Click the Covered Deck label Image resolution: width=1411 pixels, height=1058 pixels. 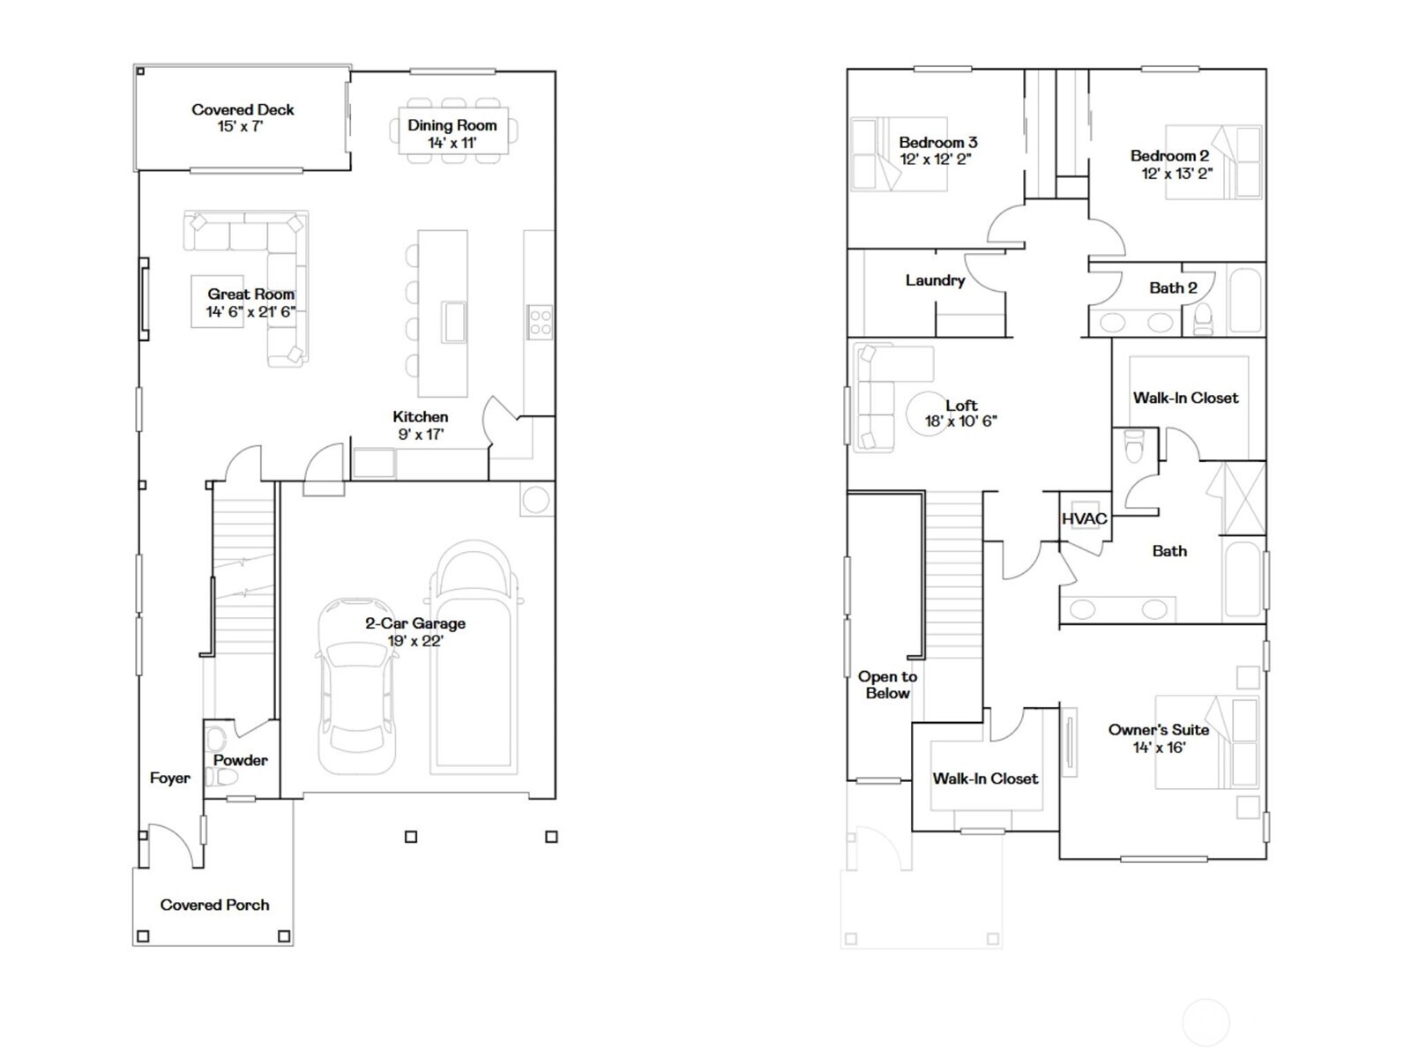(243, 110)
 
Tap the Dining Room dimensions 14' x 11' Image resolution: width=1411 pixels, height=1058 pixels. (452, 143)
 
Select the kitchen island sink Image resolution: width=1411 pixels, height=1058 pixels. (455, 321)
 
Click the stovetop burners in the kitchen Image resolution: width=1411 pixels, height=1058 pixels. (540, 323)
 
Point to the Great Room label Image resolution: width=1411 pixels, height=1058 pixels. (250, 294)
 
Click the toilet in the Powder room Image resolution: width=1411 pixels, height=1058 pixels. (223, 777)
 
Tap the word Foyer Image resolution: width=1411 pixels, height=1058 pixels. (169, 778)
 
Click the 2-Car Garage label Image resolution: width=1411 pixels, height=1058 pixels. (415, 623)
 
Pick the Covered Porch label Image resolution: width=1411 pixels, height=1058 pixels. (214, 905)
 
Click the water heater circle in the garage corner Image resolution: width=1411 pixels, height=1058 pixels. (535, 500)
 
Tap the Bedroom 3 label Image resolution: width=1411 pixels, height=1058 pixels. (937, 142)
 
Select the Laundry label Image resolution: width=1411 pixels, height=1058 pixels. (935, 280)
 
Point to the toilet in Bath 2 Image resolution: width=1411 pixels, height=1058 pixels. (1203, 318)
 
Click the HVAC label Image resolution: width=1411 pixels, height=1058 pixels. (1084, 518)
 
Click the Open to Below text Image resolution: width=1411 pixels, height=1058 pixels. (887, 685)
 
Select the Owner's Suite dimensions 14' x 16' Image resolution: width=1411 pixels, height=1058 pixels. (1159, 748)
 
